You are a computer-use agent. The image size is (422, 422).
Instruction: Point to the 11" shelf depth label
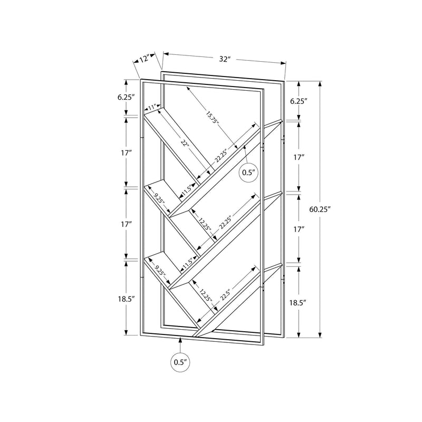[x=153, y=108]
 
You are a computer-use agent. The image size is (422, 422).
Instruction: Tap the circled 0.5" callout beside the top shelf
[x=248, y=172]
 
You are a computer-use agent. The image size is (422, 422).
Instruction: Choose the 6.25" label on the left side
[x=127, y=97]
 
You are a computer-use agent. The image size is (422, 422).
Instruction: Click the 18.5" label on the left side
[x=127, y=299]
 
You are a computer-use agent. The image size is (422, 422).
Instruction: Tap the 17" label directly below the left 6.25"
[x=127, y=153]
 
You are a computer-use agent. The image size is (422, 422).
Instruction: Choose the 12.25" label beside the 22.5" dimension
[x=206, y=296]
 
